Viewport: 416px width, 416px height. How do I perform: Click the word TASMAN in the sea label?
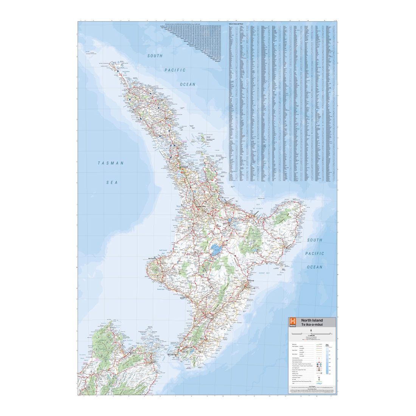(111, 163)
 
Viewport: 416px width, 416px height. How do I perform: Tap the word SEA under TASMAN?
(112, 182)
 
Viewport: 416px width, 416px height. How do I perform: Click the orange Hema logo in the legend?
(292, 322)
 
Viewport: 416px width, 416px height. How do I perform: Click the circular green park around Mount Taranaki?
(155, 270)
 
